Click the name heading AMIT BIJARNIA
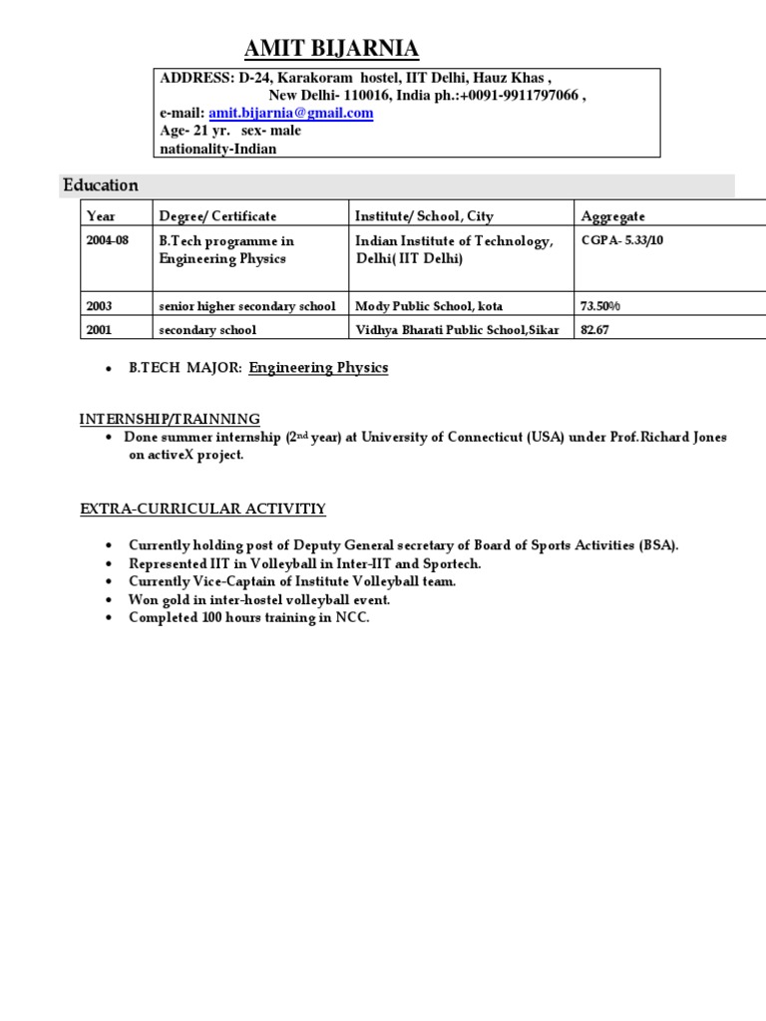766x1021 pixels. coord(332,49)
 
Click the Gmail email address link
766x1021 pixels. coord(290,114)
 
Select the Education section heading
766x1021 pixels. coord(101,185)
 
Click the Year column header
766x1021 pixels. coord(102,216)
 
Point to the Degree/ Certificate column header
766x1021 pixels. coord(217,216)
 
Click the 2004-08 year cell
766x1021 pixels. coord(109,241)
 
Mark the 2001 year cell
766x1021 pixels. coord(101,330)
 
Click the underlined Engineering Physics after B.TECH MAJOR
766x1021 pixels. coord(318,368)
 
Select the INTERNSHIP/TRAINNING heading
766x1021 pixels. coord(170,419)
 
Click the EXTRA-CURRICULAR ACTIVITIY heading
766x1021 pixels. coord(202,510)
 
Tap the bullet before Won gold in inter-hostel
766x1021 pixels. coord(107,600)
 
